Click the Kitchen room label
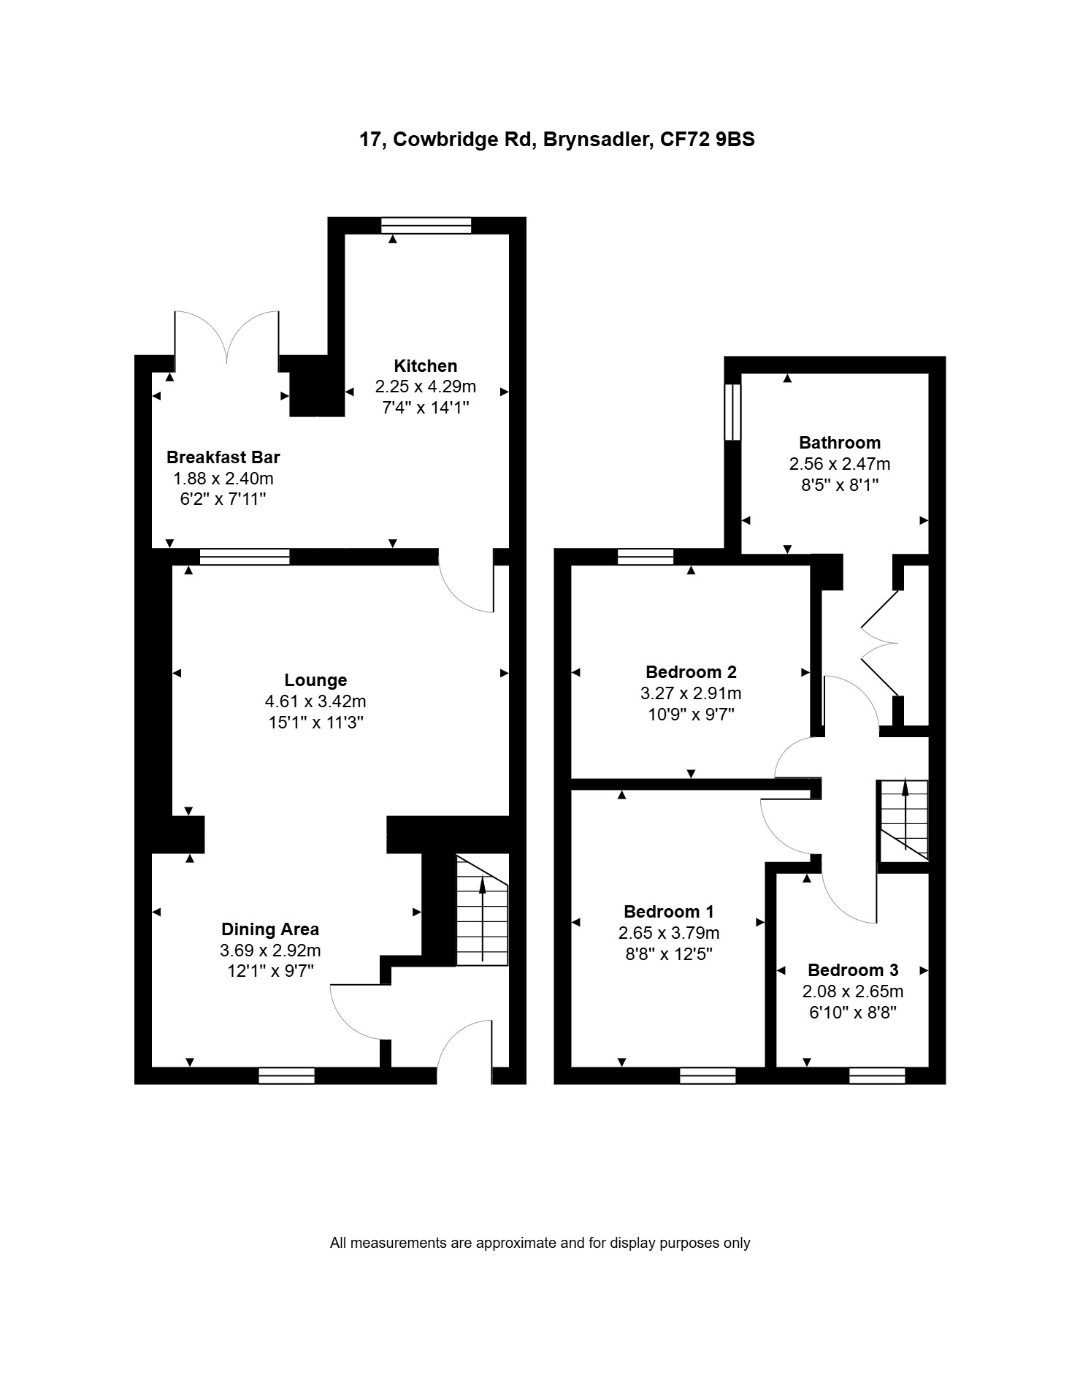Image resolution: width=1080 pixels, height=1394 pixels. (x=426, y=365)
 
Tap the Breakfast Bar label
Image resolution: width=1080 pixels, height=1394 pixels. (x=223, y=457)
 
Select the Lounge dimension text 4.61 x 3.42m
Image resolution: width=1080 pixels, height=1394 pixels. (x=315, y=701)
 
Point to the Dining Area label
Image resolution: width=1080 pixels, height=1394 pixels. (x=270, y=929)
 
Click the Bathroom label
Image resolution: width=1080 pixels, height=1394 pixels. (x=840, y=443)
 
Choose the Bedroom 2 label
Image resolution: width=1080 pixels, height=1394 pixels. (x=692, y=672)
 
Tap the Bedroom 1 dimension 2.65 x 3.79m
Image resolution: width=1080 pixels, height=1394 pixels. (x=669, y=933)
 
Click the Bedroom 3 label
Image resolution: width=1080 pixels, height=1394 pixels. (x=853, y=970)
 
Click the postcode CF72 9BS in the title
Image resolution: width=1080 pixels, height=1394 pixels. (x=708, y=139)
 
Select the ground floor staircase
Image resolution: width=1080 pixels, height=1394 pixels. (x=482, y=910)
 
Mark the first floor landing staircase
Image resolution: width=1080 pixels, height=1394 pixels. (x=903, y=820)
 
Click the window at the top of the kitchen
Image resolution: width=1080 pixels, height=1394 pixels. (x=426, y=225)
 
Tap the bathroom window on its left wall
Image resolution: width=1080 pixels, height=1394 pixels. (x=732, y=413)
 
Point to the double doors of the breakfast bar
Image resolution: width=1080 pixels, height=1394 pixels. (x=226, y=338)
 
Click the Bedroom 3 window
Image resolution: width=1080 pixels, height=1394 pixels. (x=877, y=1075)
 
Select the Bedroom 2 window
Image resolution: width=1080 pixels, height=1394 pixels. (x=646, y=557)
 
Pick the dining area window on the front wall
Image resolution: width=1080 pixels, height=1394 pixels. (x=287, y=1075)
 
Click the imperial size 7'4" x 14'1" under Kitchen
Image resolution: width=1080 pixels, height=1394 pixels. (x=426, y=407)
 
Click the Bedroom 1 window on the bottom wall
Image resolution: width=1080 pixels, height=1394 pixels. (x=708, y=1075)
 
